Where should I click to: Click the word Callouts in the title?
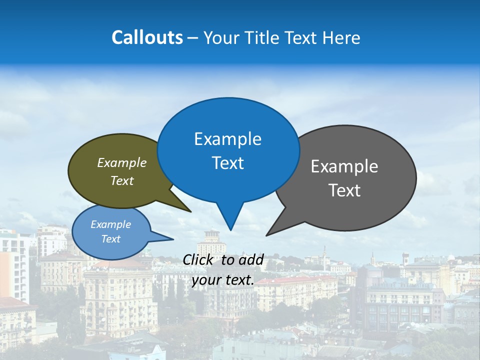[x=147, y=37]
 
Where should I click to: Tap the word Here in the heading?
[x=342, y=37]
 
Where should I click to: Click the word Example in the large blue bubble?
[x=227, y=139]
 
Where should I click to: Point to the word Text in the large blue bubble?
[x=227, y=163]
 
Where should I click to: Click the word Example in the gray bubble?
[x=344, y=166]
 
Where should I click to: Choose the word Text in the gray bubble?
[x=344, y=190]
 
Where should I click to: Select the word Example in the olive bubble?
[x=122, y=163]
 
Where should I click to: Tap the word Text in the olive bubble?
[x=122, y=180]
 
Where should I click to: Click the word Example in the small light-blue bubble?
[x=110, y=224]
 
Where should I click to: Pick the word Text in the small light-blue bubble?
[x=110, y=239]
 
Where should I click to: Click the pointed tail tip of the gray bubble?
[x=266, y=235]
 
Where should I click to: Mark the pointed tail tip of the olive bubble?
[x=190, y=211]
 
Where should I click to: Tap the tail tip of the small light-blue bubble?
[x=173, y=239]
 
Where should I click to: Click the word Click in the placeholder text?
[x=197, y=259]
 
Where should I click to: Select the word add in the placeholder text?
[x=251, y=259]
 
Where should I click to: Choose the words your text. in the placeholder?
[x=223, y=280]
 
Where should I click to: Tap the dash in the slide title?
[x=193, y=37]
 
